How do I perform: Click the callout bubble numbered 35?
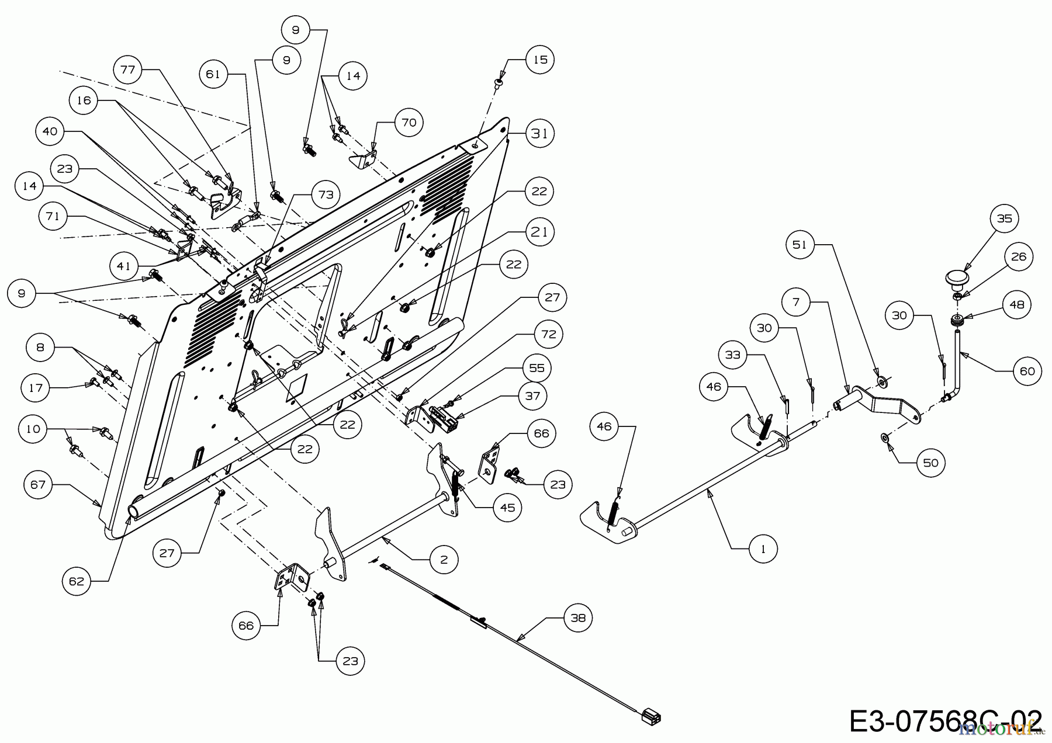1004,218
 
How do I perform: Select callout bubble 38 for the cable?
577,617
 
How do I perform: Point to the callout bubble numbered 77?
127,70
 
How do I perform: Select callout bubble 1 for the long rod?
763,548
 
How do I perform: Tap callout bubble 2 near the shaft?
444,560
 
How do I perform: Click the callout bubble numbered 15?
539,59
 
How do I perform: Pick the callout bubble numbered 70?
409,122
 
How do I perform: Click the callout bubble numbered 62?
77,581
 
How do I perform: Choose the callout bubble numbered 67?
39,484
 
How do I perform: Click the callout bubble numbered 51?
800,244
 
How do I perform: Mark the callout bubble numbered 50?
930,463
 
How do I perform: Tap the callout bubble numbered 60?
1027,371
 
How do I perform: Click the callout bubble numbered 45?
507,508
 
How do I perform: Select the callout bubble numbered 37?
532,395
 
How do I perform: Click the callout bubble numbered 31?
539,133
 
